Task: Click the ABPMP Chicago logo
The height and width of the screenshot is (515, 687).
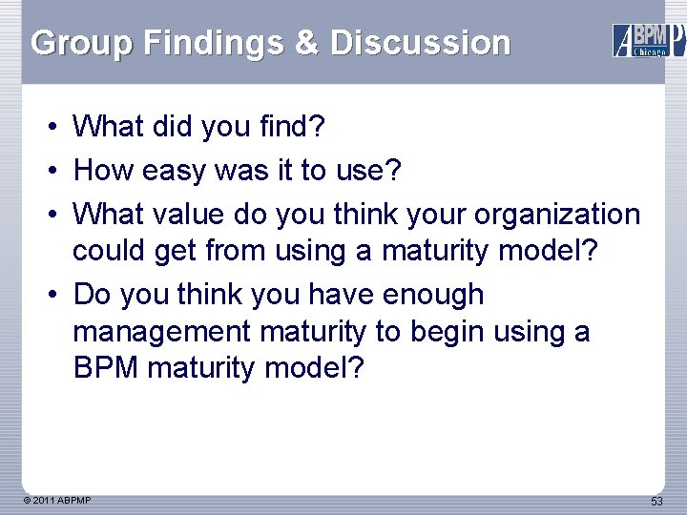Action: pyautogui.click(x=648, y=40)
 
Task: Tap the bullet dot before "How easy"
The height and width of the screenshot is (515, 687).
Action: pyautogui.click(x=57, y=171)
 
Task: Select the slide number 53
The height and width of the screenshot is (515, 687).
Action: pyautogui.click(x=656, y=501)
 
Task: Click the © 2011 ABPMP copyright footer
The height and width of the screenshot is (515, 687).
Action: pyautogui.click(x=59, y=500)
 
